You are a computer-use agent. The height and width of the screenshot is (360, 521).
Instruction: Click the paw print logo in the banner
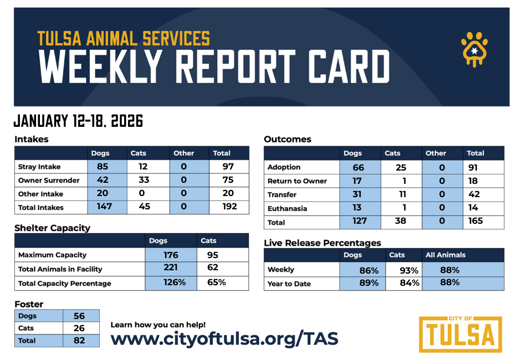(x=474, y=49)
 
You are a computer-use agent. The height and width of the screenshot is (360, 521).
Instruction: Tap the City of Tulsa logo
(x=460, y=334)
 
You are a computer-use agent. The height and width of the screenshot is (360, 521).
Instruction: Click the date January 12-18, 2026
(x=78, y=121)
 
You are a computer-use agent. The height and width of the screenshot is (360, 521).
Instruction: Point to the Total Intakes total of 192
(x=229, y=207)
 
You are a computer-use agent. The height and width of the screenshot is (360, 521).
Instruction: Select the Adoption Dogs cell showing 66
(x=358, y=167)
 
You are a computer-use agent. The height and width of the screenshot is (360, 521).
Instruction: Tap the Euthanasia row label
(x=287, y=209)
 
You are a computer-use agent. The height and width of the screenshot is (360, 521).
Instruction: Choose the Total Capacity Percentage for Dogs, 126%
(x=171, y=282)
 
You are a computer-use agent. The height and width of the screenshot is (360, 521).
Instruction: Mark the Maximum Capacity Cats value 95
(x=212, y=255)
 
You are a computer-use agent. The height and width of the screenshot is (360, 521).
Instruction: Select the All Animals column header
(x=445, y=255)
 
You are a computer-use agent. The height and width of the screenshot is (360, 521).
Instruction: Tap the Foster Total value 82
(x=80, y=340)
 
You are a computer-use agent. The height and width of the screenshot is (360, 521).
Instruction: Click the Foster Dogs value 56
(x=79, y=316)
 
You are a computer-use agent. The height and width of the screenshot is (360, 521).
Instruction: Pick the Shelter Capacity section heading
(x=52, y=228)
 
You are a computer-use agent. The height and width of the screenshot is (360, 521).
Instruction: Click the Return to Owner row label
(x=297, y=181)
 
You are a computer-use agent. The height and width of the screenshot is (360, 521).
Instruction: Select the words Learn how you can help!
(x=158, y=325)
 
